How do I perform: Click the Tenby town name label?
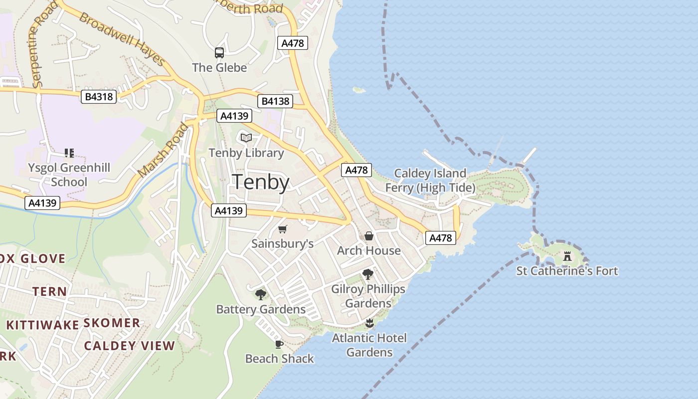261,182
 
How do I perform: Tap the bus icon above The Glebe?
219,52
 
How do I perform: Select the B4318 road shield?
99,97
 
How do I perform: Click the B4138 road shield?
275,102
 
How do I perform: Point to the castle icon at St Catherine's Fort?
567,256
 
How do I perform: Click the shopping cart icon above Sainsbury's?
283,229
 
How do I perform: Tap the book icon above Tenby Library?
246,138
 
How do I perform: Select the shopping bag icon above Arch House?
369,236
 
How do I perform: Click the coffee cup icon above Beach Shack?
279,344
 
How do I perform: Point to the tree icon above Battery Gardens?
260,295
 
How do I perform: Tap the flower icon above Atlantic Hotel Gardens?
369,323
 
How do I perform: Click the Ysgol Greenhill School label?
69,175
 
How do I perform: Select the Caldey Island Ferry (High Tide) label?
430,181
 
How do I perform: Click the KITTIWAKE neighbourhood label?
42,325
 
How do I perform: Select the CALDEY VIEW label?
130,346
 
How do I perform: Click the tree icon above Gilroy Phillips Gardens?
368,274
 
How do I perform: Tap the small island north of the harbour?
359,90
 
